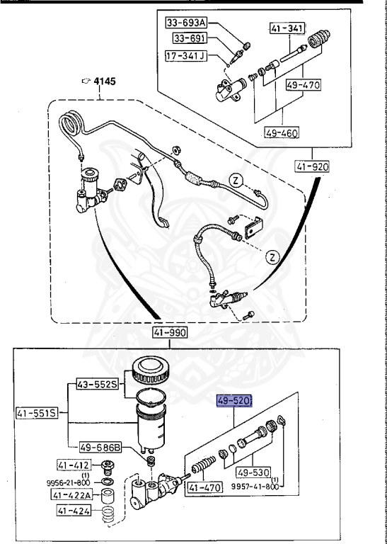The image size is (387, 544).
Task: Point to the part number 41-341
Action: pos(286,29)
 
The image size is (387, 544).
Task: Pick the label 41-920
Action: pos(312,167)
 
